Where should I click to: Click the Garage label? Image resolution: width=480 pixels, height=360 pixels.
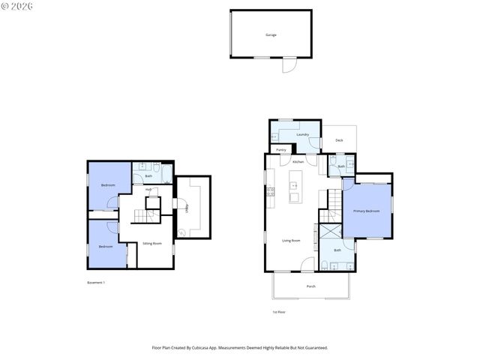[270, 35]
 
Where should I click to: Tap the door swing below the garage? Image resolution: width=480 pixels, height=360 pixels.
[288, 66]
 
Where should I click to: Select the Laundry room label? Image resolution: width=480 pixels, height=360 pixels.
[302, 134]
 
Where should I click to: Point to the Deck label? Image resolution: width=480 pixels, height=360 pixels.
[339, 140]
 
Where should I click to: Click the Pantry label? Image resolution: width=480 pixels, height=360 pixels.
[281, 150]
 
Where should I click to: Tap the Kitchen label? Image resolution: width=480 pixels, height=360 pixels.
[298, 162]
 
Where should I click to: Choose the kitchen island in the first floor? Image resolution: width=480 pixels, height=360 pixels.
[294, 192]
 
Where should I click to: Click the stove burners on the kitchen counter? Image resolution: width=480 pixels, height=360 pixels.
[270, 192]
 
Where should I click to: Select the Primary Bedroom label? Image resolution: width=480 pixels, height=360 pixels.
[367, 211]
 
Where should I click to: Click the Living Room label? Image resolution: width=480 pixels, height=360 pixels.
[291, 241]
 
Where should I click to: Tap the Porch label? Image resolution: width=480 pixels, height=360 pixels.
[310, 286]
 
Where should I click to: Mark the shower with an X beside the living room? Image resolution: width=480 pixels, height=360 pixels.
[330, 231]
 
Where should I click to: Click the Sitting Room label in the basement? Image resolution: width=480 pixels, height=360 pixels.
[152, 244]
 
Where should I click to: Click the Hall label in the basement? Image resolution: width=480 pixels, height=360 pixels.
[149, 190]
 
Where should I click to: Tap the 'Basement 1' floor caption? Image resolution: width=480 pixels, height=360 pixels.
[96, 283]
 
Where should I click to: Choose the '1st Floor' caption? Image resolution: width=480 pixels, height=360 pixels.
[279, 312]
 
